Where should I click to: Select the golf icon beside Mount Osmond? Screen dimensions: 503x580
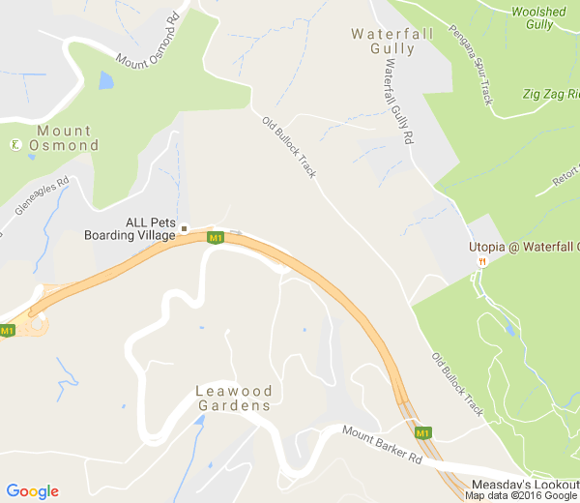[15, 145]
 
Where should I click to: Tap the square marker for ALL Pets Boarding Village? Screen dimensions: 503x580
[184, 229]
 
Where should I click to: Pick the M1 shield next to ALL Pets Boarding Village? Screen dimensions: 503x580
[216, 238]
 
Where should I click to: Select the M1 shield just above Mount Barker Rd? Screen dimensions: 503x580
[422, 432]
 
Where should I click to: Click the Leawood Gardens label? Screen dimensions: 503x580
[234, 399]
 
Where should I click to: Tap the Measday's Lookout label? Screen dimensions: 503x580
[525, 484]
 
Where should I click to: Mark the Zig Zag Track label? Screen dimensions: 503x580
[556, 94]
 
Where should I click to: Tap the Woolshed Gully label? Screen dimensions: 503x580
[539, 17]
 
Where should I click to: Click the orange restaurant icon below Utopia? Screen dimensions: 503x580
[481, 261]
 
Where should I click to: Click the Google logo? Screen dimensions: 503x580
[32, 491]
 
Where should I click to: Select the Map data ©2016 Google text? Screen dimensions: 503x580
[521, 496]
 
